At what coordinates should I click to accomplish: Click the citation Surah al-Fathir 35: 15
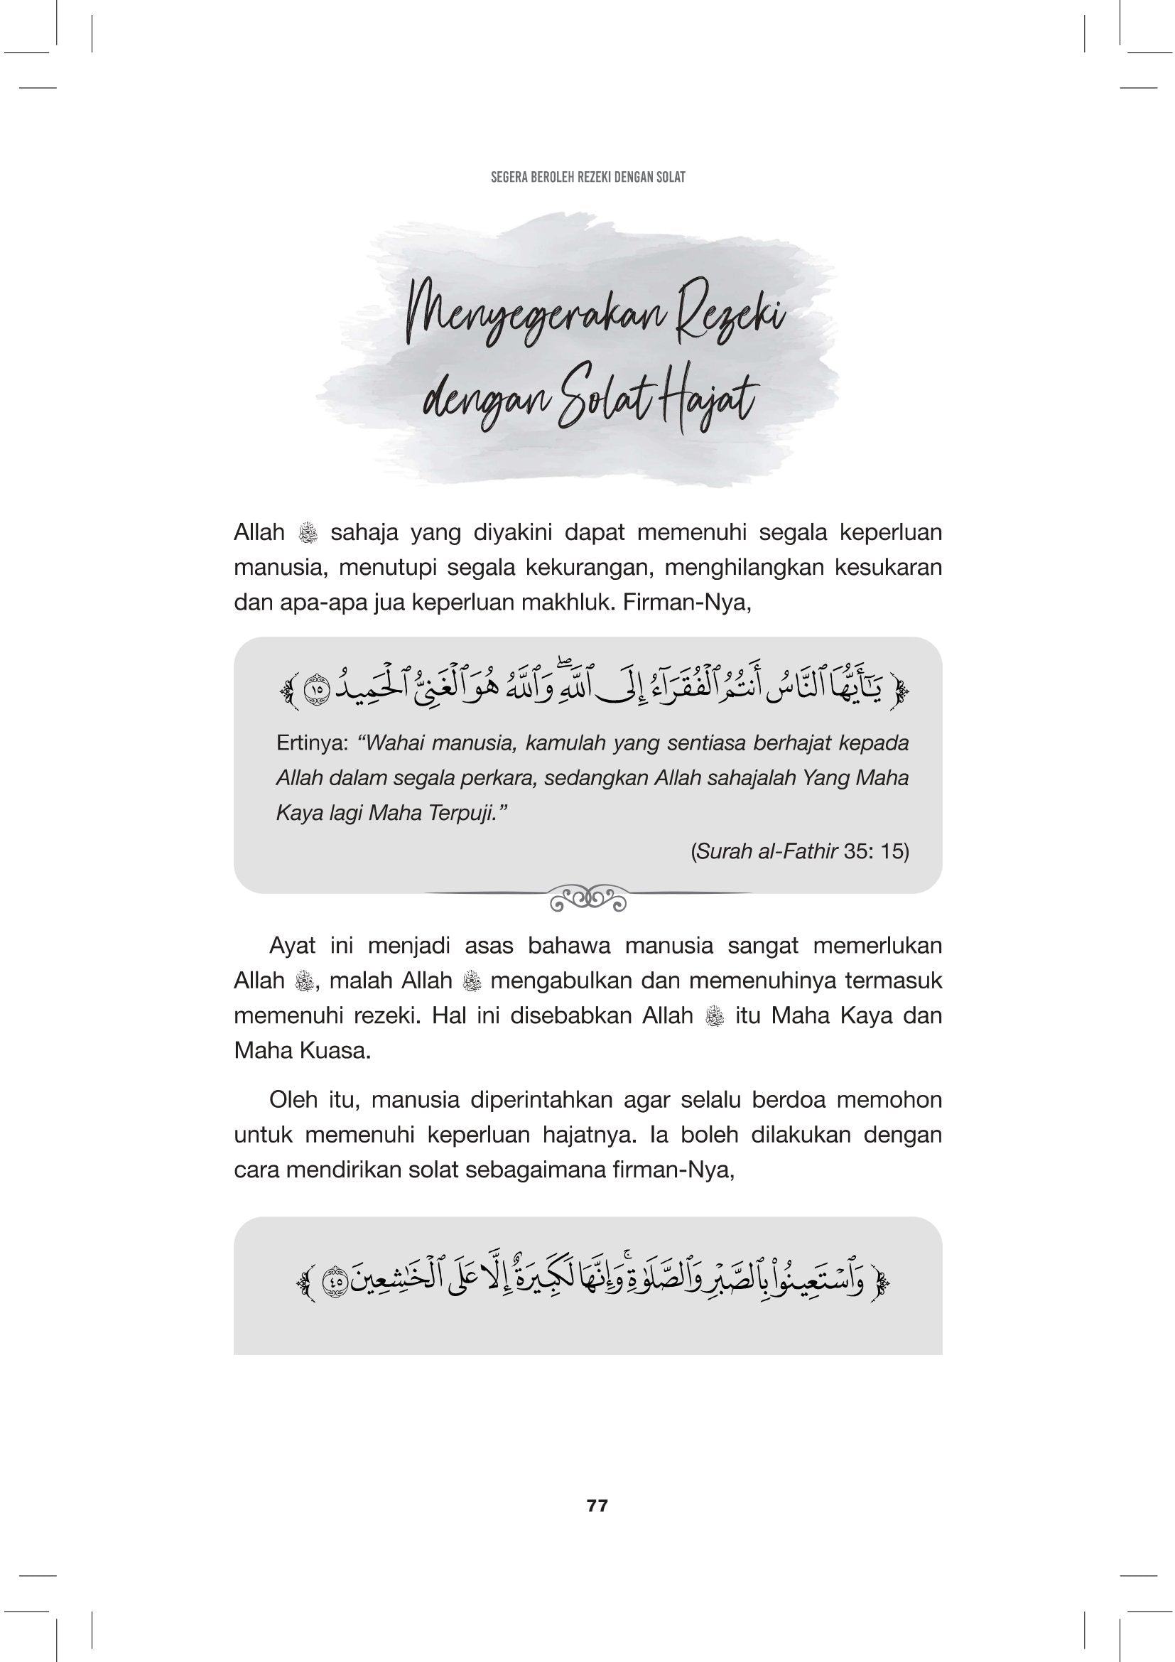click(800, 851)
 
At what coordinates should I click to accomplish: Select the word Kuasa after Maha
click(335, 1050)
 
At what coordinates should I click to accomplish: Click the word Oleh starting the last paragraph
click(293, 1100)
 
